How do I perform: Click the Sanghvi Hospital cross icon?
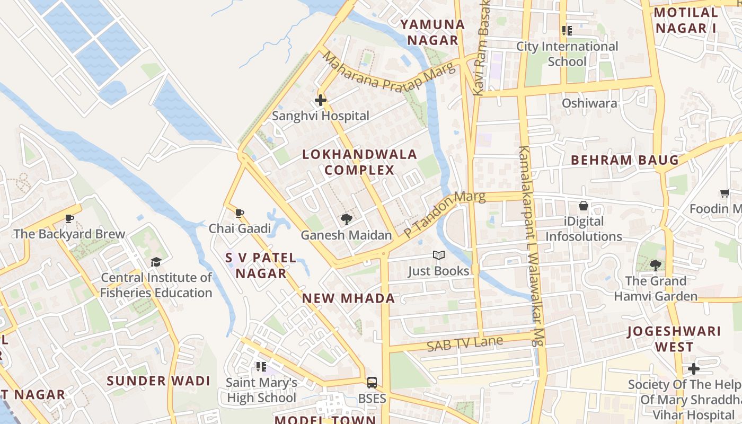click(320, 100)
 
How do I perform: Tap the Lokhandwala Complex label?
click(359, 162)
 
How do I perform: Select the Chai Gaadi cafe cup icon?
click(239, 213)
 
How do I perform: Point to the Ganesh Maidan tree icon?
click(347, 219)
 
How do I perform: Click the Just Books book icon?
click(438, 256)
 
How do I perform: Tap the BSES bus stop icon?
click(372, 382)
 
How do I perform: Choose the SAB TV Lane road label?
click(464, 343)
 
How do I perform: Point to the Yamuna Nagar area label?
click(432, 32)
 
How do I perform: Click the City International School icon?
click(567, 31)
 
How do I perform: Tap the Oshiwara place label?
click(589, 103)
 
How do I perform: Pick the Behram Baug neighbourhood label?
click(624, 160)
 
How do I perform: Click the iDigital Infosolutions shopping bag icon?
click(583, 206)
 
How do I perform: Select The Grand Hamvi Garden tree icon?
click(656, 265)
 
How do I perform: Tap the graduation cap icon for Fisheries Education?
click(156, 262)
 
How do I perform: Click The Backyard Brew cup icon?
click(69, 218)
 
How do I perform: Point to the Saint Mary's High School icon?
click(261, 366)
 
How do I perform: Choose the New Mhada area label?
click(348, 298)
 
